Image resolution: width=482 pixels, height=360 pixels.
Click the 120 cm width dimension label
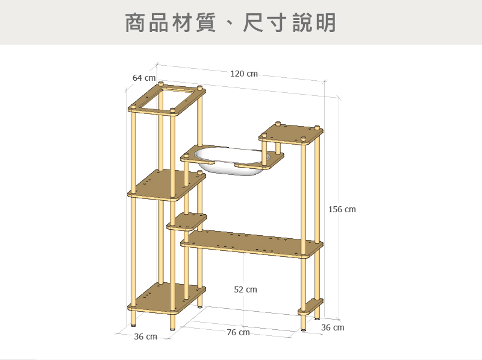243,74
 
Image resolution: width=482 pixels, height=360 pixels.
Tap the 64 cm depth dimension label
144,78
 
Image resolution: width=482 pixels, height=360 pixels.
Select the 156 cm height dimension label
342,209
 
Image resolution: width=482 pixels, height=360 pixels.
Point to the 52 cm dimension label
245,290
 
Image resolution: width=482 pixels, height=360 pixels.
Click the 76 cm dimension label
238,333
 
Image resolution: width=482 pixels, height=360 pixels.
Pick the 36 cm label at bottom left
145,336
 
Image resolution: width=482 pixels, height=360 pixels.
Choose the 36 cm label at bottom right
333,327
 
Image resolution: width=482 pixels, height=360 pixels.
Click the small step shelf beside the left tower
187,221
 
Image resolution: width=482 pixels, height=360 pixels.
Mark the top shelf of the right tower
292,134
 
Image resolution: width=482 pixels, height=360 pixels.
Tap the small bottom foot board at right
311,306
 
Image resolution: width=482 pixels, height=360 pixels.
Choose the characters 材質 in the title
183,23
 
